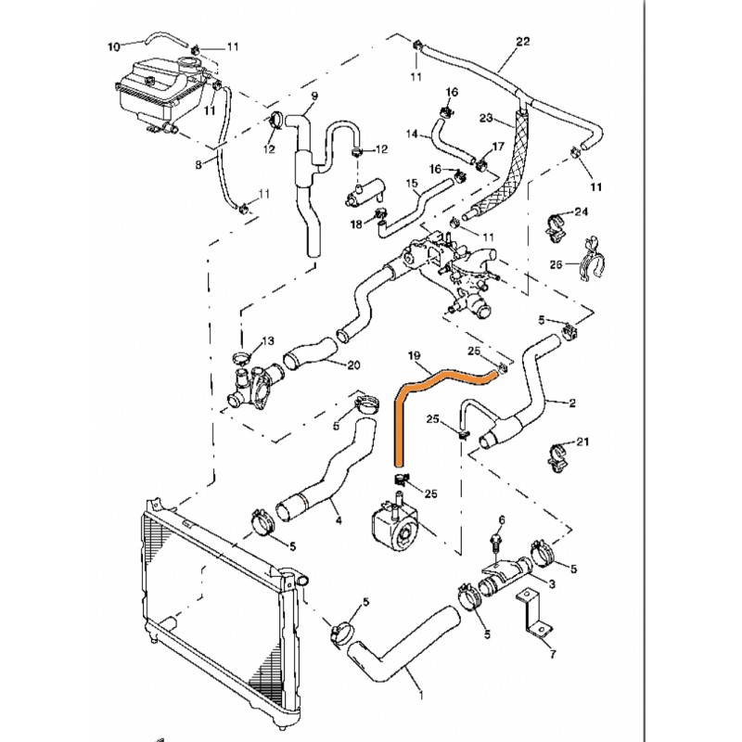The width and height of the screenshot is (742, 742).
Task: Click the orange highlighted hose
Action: pos(399,417)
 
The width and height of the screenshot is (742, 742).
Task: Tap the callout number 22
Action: pos(522,42)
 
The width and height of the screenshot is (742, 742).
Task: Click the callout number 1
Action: pos(423,692)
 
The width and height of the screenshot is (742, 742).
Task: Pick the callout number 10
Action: pos(115,45)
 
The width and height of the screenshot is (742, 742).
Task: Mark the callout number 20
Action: pos(353,365)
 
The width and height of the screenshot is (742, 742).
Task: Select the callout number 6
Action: pos(502,520)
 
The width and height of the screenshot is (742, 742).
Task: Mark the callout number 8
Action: pos(198,165)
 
